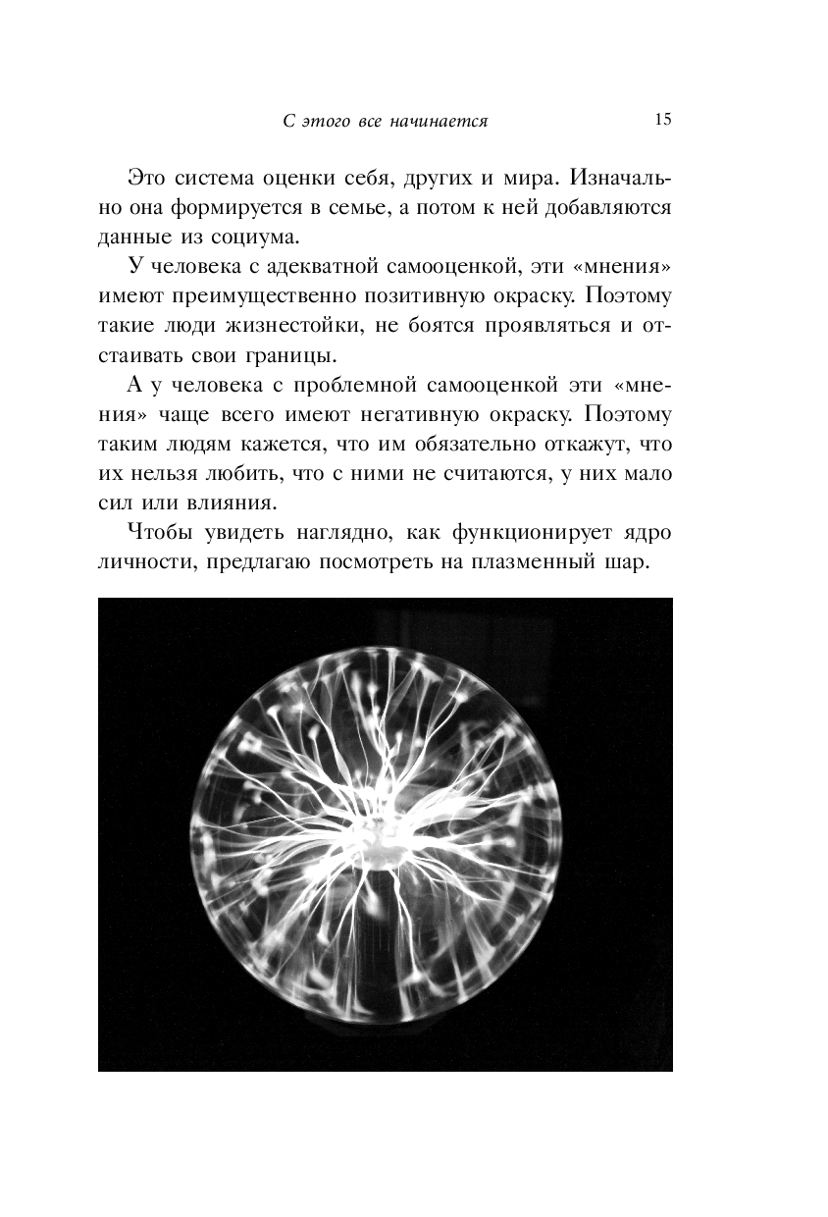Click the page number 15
pyautogui.click(x=661, y=120)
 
